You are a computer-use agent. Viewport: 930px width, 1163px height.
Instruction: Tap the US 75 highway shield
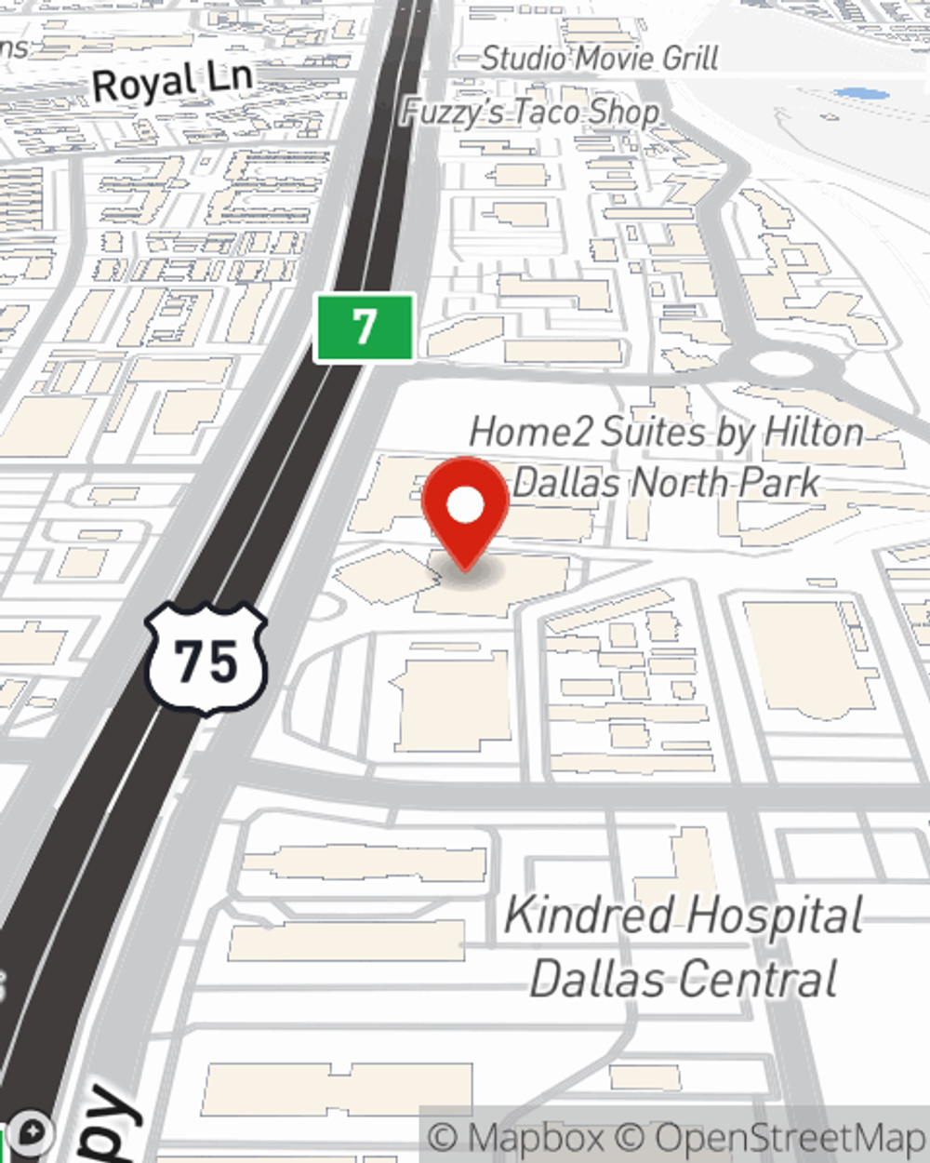click(x=206, y=660)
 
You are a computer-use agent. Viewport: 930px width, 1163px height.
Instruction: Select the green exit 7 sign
click(x=364, y=328)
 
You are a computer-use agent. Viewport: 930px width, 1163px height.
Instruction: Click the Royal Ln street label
click(x=173, y=82)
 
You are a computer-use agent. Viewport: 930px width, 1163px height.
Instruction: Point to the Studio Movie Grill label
click(x=600, y=59)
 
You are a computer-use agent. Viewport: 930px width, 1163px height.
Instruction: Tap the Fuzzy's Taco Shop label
click(x=530, y=113)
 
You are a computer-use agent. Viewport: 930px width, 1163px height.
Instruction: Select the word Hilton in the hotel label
click(x=814, y=433)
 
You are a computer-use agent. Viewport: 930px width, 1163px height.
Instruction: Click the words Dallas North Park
click(x=666, y=483)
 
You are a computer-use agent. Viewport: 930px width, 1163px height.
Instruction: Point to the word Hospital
click(x=777, y=916)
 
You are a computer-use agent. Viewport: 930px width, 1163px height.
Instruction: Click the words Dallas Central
click(x=684, y=980)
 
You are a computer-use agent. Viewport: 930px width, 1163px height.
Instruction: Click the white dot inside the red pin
click(x=465, y=505)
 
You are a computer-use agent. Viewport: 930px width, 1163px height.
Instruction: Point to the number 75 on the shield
click(x=206, y=662)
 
